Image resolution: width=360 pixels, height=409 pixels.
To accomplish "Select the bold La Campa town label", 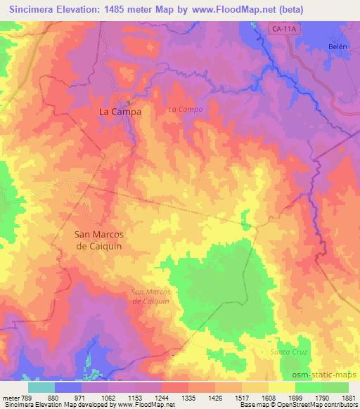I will (x=120, y=112).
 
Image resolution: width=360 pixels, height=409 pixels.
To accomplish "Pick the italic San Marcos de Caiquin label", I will (x=151, y=296).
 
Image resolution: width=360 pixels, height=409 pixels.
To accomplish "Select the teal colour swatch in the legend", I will (x=41, y=387).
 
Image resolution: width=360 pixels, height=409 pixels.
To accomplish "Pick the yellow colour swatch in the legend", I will (x=282, y=387).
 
